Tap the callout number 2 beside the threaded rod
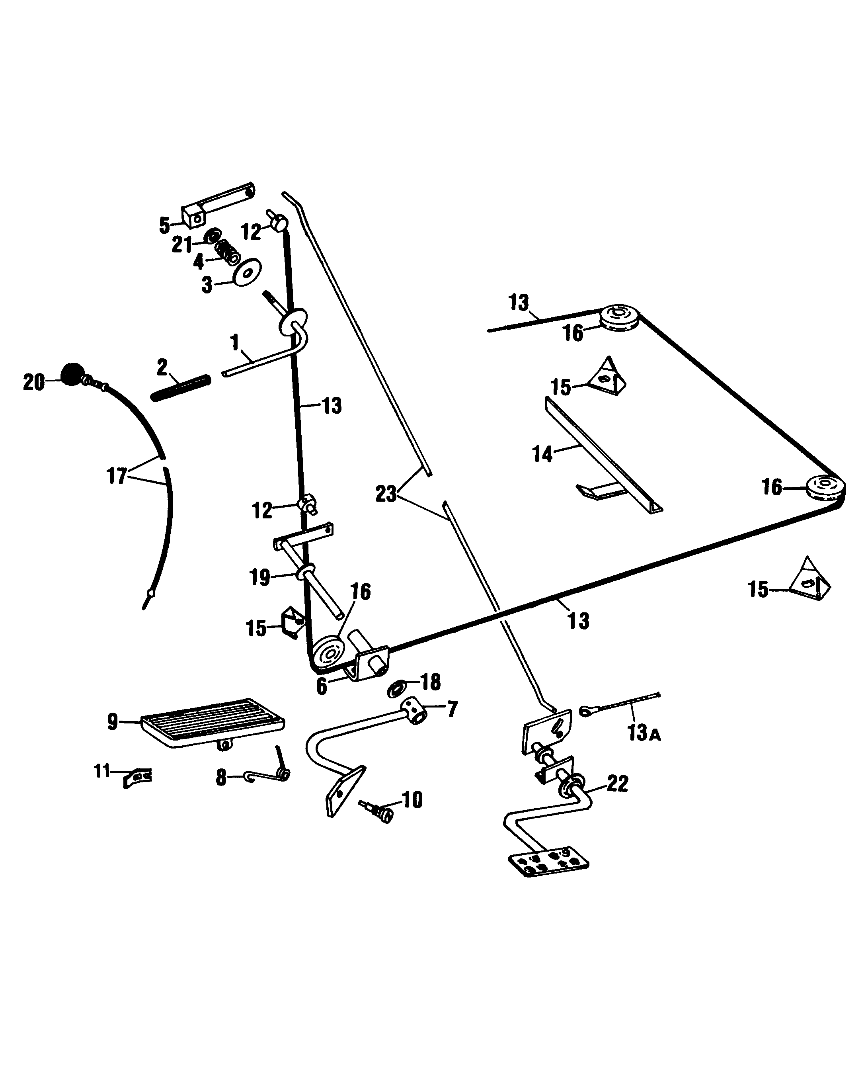[x=162, y=368]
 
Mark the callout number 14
[x=543, y=454]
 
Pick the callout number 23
[x=386, y=494]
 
